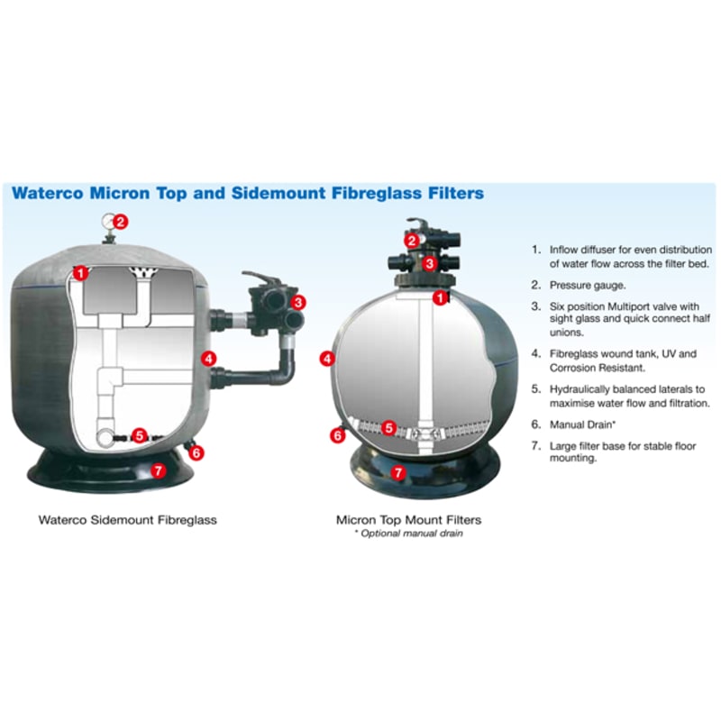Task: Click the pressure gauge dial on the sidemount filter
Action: click(107, 220)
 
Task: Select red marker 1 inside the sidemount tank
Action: click(81, 271)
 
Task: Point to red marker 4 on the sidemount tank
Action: click(210, 359)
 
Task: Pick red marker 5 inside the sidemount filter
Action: click(140, 436)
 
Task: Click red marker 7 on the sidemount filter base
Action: click(159, 470)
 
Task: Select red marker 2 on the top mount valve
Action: click(411, 241)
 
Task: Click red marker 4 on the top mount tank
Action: click(328, 359)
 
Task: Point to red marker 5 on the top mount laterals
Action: click(389, 428)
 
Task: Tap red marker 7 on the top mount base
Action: click(399, 470)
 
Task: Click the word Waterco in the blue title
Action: click(52, 193)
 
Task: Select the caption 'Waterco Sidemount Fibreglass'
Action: click(127, 520)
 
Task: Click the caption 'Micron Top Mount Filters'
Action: click(408, 520)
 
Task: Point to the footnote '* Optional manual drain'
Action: click(408, 534)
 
